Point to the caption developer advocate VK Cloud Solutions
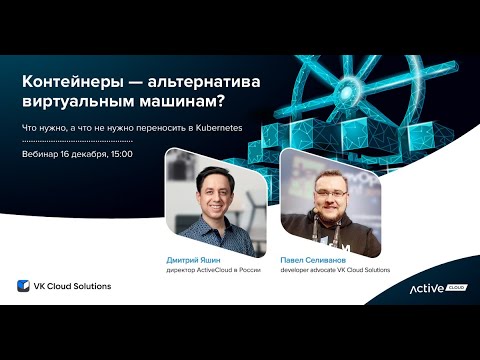tap(335, 270)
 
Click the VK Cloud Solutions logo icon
tap(24, 286)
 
